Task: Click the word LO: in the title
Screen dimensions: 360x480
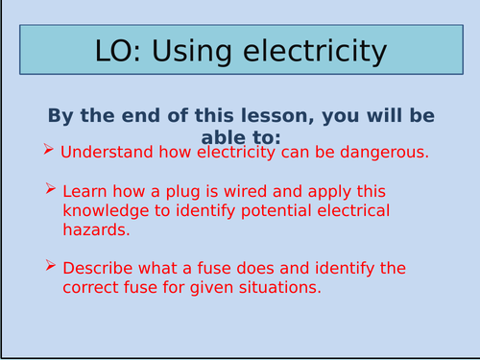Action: point(121,53)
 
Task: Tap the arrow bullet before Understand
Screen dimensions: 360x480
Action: point(50,151)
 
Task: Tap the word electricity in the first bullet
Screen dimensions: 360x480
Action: point(222,152)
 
